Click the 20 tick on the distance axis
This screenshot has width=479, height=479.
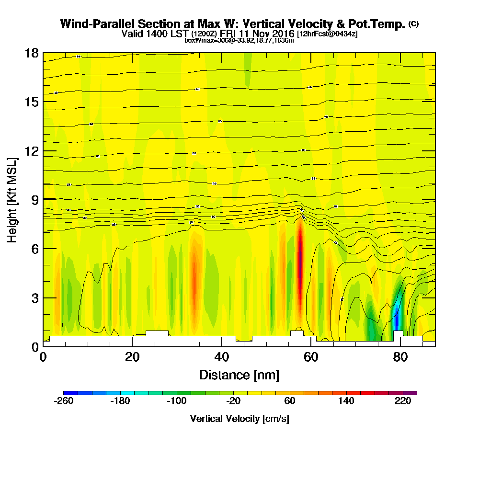[132, 357]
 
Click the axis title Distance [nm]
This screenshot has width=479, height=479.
[239, 374]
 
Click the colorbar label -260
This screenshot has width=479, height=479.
[64, 401]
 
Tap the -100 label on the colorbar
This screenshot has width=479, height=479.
[177, 401]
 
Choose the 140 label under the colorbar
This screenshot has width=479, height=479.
[346, 401]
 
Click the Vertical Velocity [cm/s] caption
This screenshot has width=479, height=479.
[239, 419]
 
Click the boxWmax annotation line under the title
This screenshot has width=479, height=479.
[239, 40]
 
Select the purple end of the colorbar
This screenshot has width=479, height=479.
[413, 393]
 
